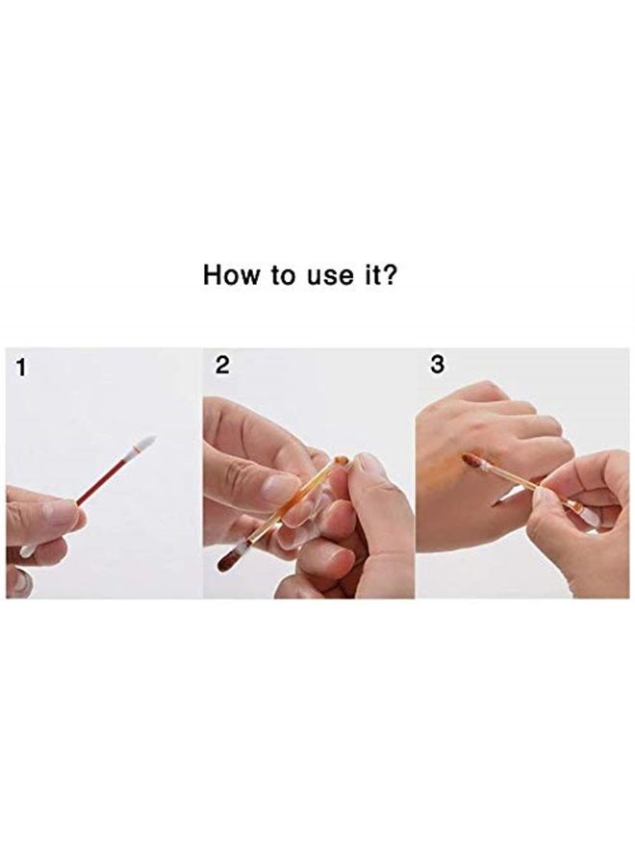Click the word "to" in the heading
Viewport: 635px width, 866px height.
[x=284, y=275]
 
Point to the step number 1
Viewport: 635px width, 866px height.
[x=21, y=367]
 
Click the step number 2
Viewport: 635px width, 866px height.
[x=223, y=366]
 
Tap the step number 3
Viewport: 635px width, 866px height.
[x=438, y=366]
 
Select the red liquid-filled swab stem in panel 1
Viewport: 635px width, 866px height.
[x=104, y=478]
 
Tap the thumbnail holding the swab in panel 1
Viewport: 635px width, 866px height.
[x=60, y=512]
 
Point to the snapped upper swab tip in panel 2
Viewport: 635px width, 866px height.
[x=342, y=462]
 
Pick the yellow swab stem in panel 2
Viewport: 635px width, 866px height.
[x=289, y=511]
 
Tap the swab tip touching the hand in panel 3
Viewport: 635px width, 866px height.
[x=471, y=461]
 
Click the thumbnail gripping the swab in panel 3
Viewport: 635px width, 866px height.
[x=550, y=497]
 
